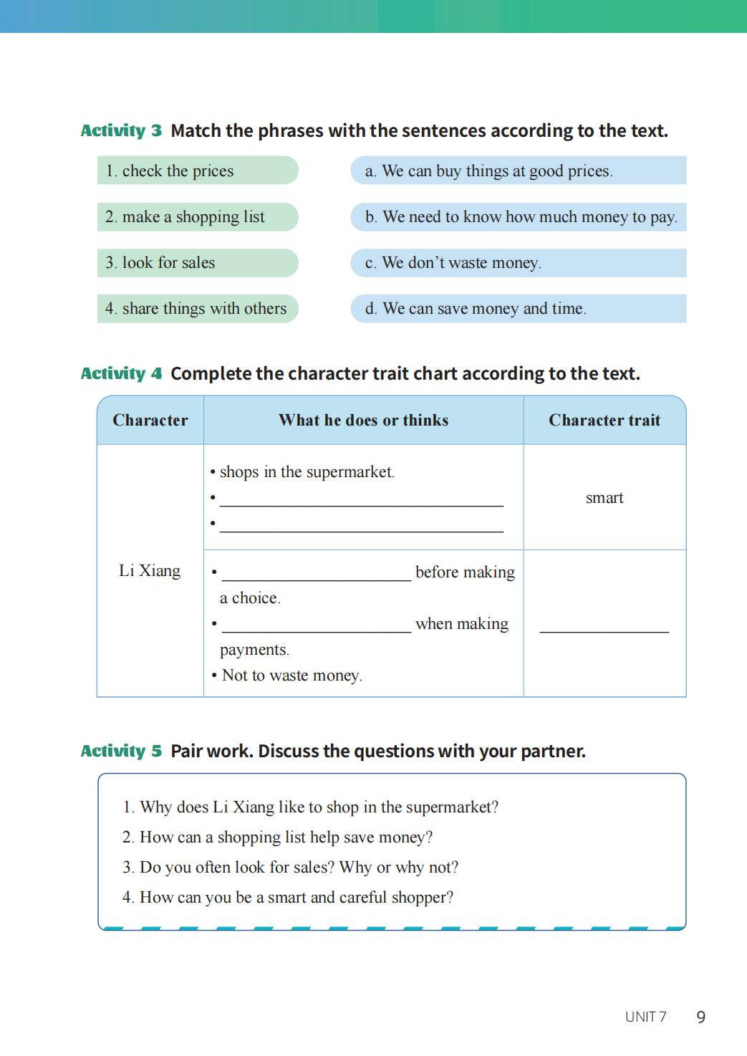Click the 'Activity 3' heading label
pos(121,130)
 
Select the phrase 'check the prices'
pos(178,171)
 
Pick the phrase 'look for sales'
pos(168,263)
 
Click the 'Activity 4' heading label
pos(121,373)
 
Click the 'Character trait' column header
pos(604,421)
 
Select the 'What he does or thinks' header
pos(363,421)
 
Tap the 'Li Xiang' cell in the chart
pos(150,571)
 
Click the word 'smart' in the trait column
pos(604,498)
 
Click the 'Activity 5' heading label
pos(121,751)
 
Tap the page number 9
pos(701,1017)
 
